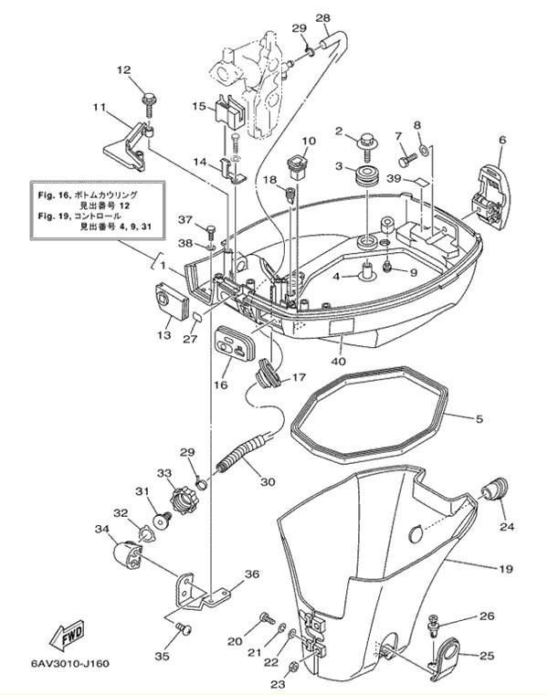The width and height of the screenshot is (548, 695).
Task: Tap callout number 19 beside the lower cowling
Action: click(x=505, y=569)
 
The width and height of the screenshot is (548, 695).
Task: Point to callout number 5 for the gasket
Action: click(x=478, y=419)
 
